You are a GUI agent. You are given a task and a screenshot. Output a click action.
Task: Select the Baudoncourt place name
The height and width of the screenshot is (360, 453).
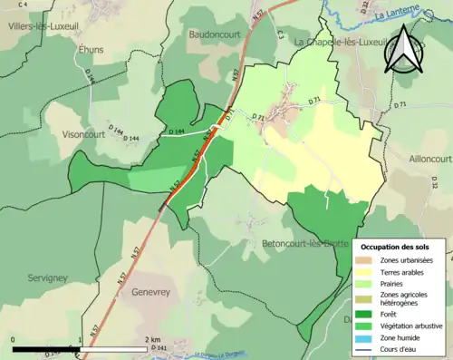click(x=212, y=34)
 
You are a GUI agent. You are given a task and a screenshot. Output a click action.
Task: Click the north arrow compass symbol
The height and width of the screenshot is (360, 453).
click(x=403, y=50)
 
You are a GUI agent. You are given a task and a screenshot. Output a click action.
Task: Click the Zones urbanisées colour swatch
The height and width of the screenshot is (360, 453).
click(x=370, y=260)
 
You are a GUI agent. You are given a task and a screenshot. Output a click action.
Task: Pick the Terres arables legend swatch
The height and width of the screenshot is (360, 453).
click(x=370, y=271)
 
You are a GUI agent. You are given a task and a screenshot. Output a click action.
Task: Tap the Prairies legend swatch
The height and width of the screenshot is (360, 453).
click(x=370, y=283)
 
